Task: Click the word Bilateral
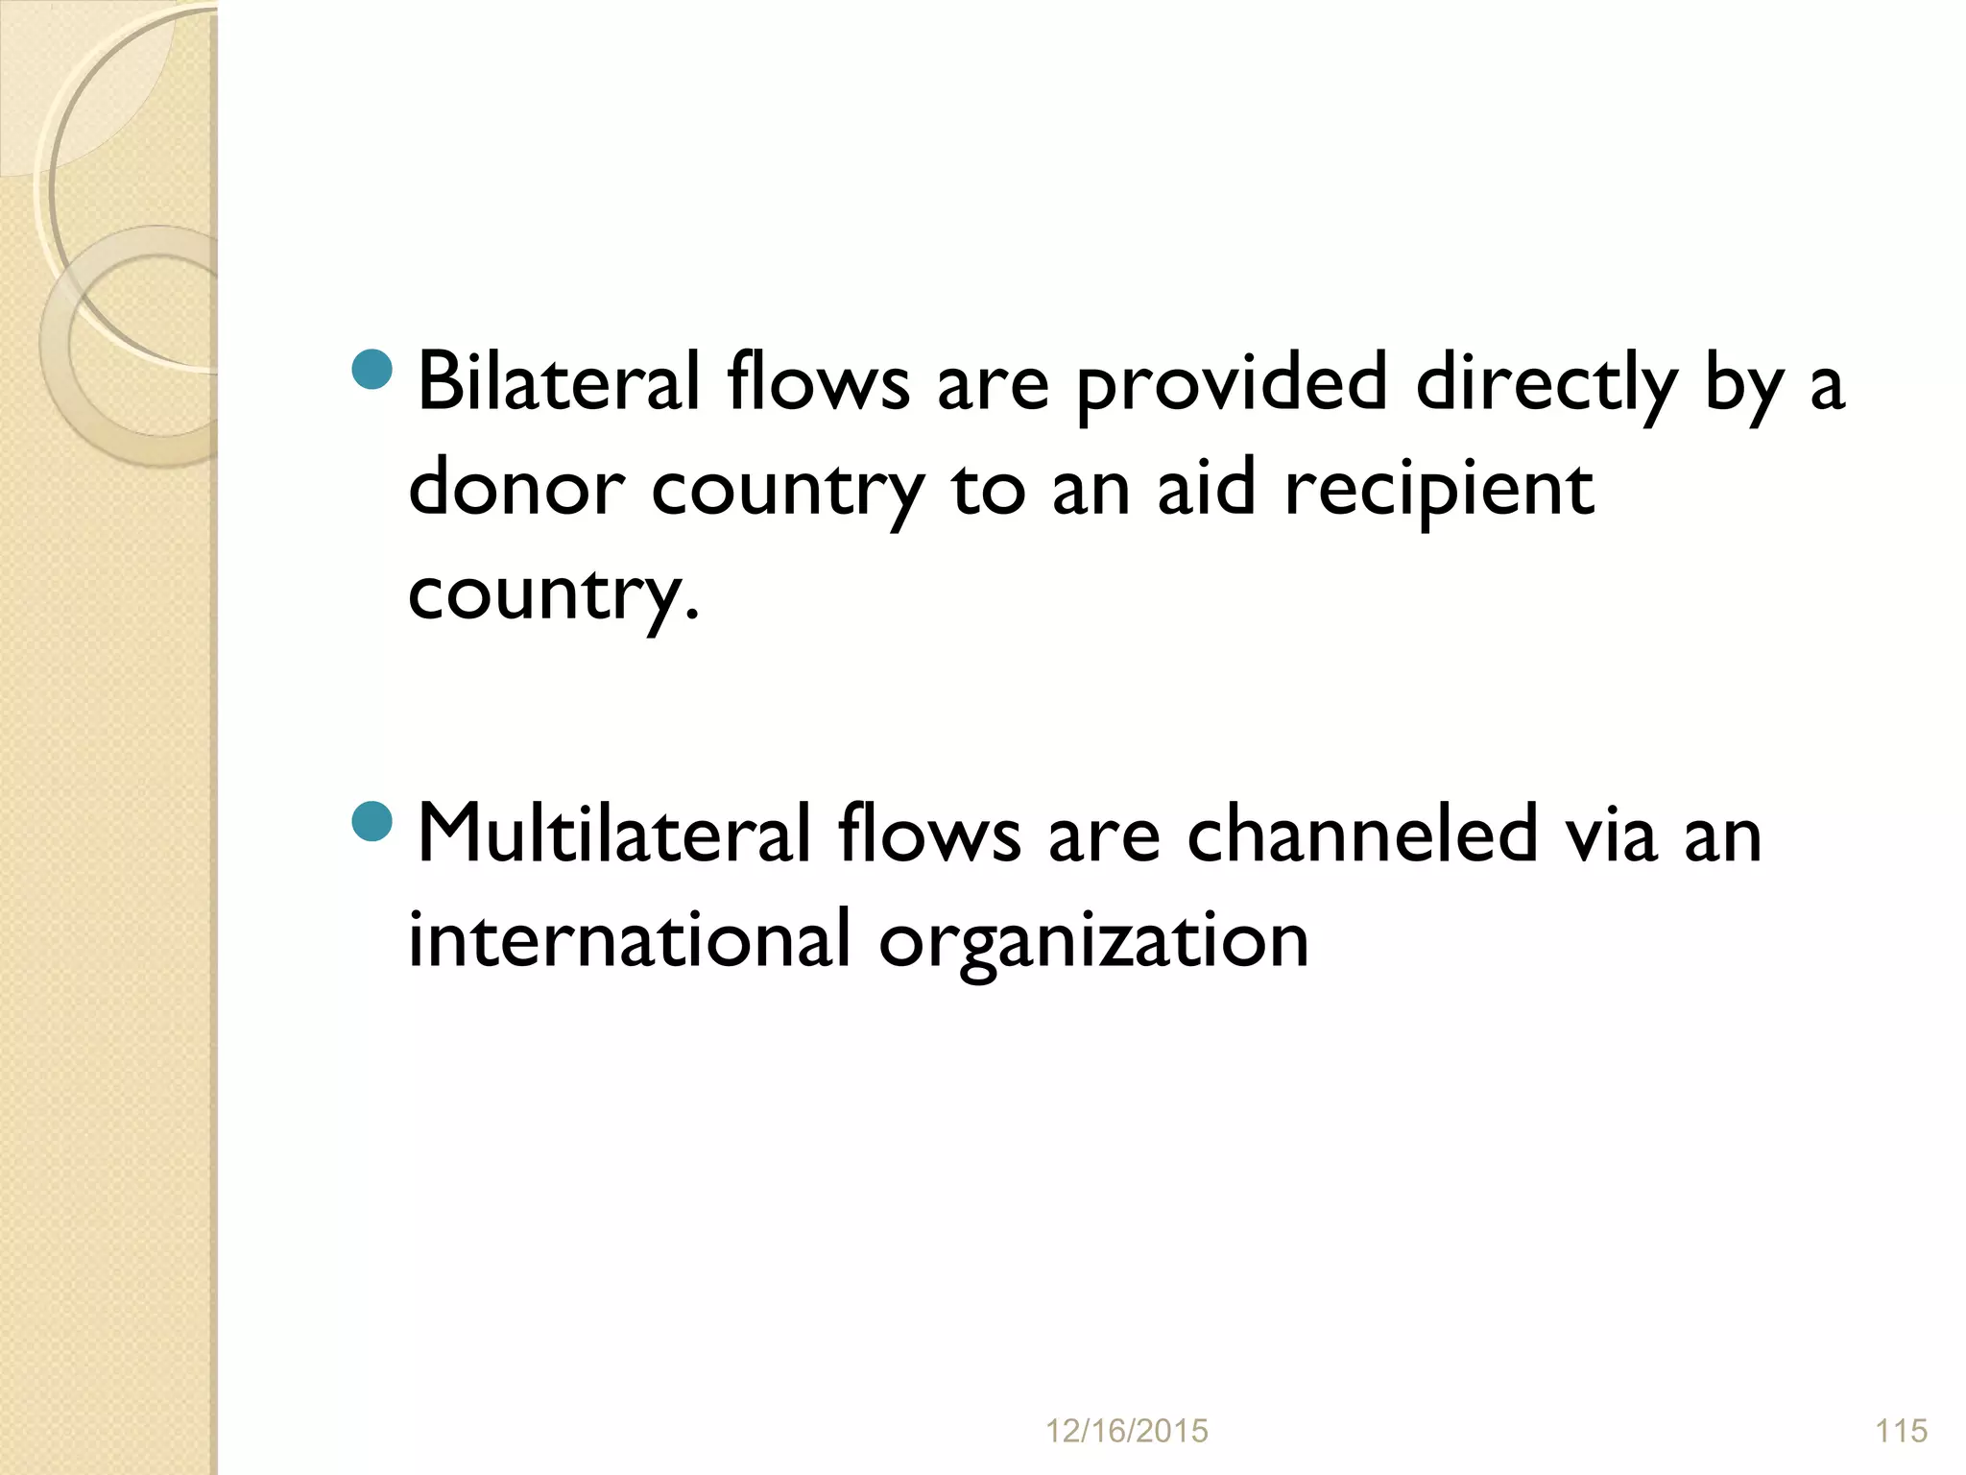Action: (x=558, y=382)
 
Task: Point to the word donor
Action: (x=516, y=488)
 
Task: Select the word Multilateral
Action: (x=614, y=834)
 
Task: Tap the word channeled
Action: (x=1363, y=834)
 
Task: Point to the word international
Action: (x=629, y=938)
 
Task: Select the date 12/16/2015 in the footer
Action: (x=1126, y=1432)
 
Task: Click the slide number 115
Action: (x=1901, y=1432)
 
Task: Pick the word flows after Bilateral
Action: (x=818, y=382)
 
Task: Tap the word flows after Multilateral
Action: (x=928, y=834)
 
